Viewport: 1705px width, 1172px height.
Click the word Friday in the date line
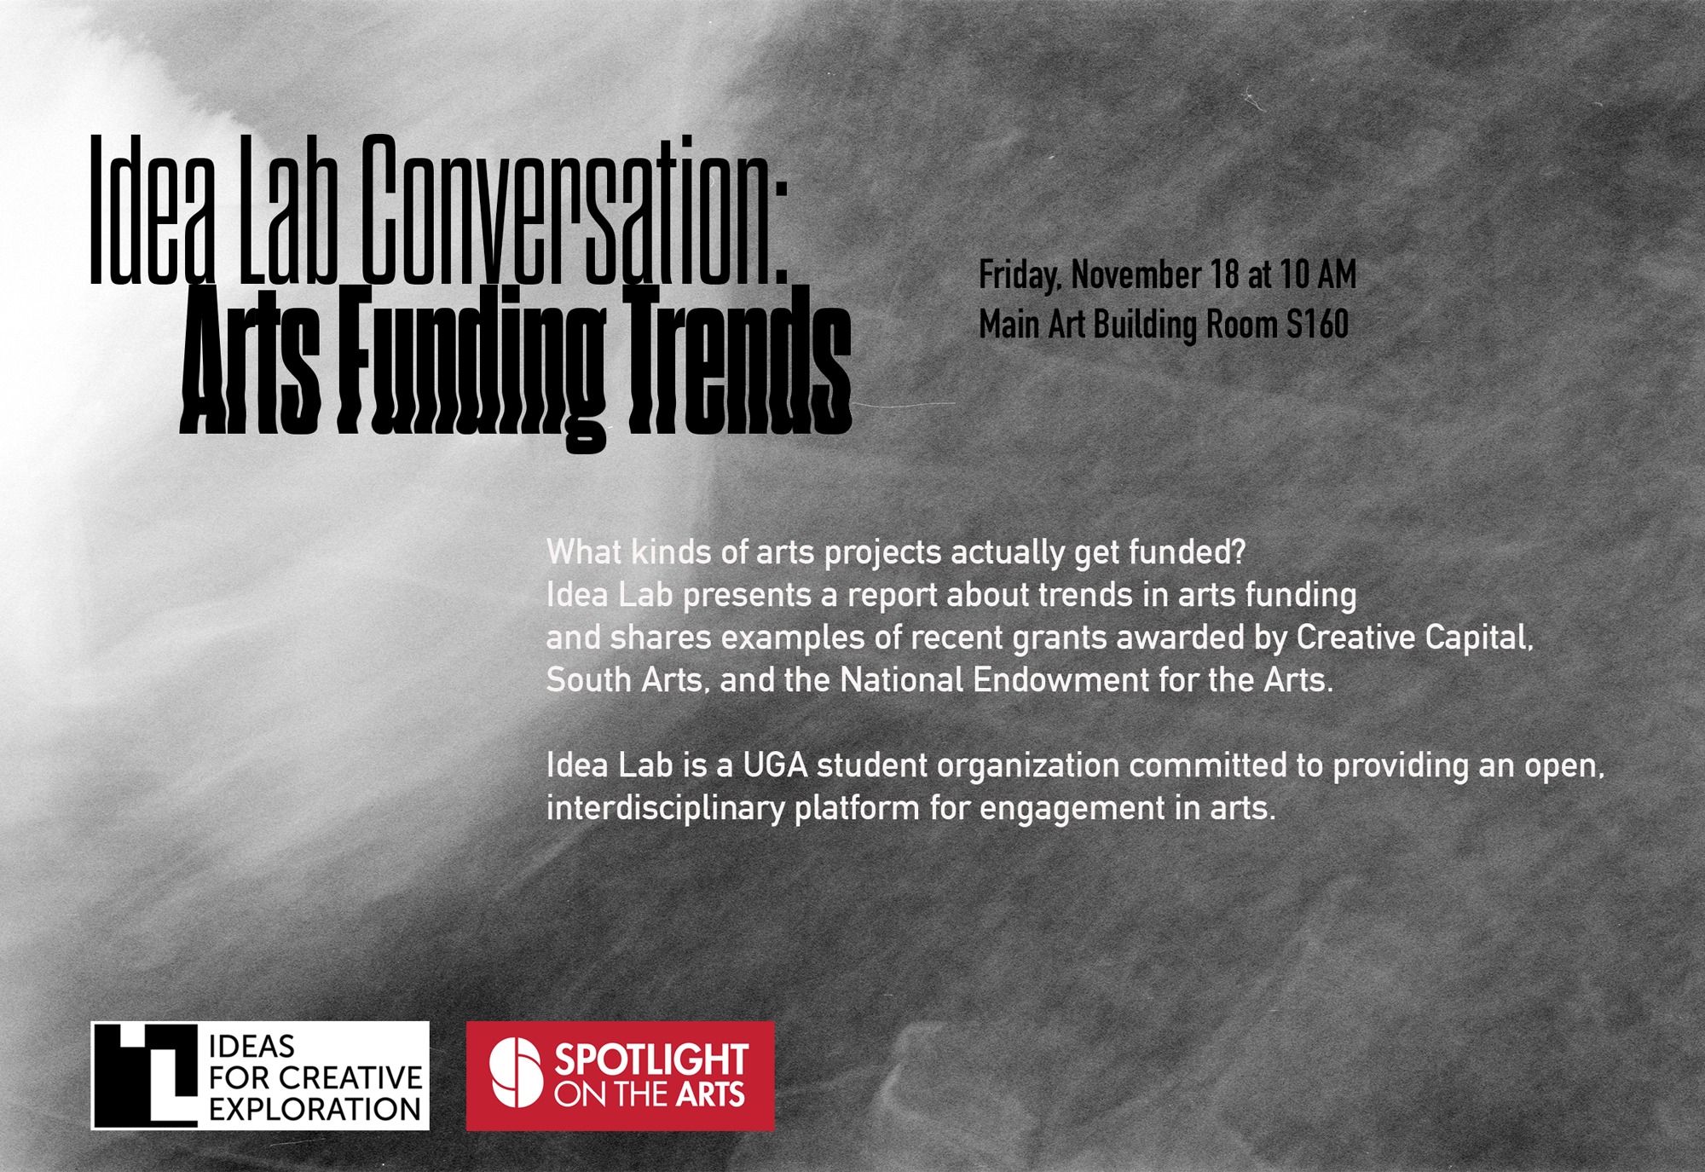pos(1020,276)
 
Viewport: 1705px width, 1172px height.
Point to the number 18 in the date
pos(1224,274)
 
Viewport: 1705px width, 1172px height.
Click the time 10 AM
pos(1318,274)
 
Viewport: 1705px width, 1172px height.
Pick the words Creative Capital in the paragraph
pos(1415,638)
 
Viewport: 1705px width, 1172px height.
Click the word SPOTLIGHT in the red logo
pos(651,1060)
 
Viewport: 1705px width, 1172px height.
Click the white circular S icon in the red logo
pos(516,1072)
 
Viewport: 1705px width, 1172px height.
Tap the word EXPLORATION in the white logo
pos(315,1110)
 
